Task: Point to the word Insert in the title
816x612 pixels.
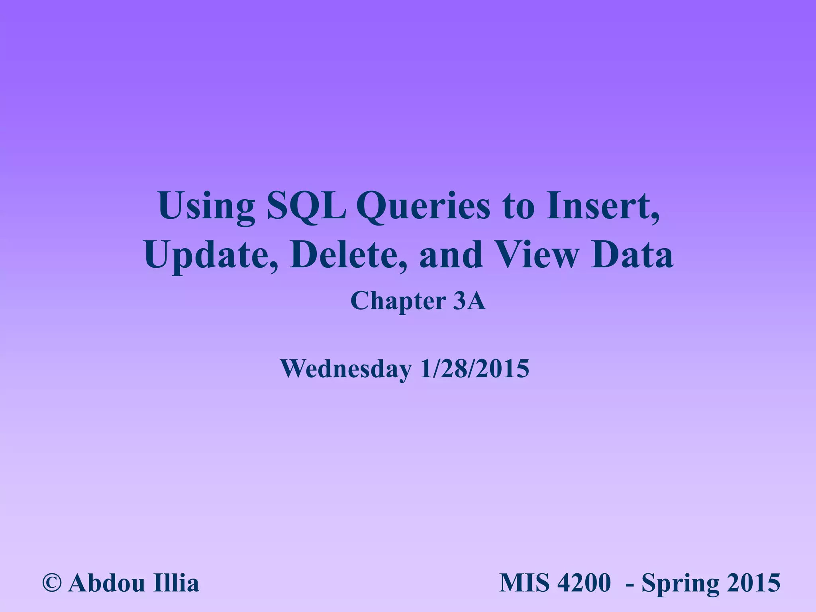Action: [x=602, y=206]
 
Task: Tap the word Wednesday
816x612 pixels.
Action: [x=346, y=369]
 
